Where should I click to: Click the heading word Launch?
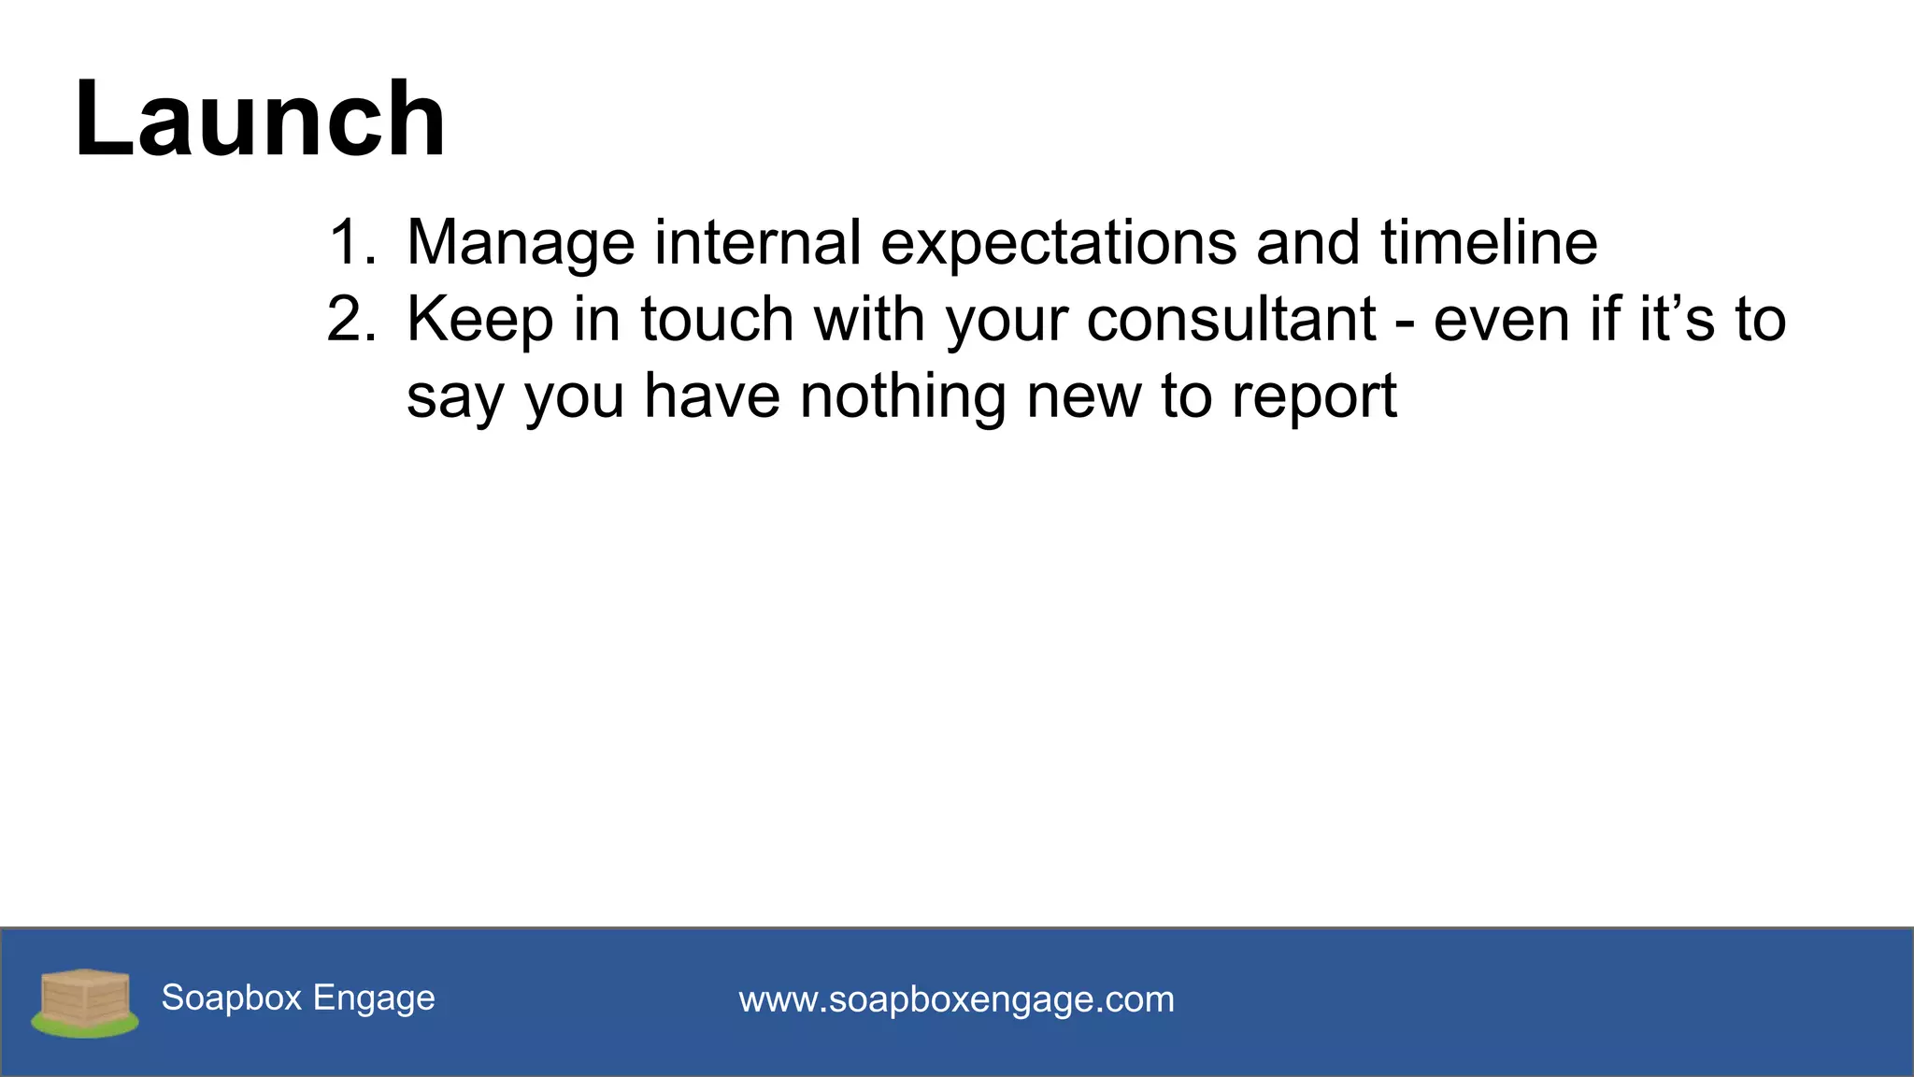[x=260, y=120]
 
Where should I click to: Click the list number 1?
[x=350, y=243]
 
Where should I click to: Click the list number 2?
[x=350, y=320]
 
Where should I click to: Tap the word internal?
[x=757, y=243]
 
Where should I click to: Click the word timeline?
[x=1489, y=243]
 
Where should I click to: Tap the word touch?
[x=717, y=320]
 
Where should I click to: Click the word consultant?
[x=1231, y=320]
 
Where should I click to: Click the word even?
[x=1502, y=320]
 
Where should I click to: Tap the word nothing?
[x=903, y=396]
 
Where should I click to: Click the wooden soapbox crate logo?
[x=85, y=1001]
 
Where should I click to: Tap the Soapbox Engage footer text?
[x=298, y=998]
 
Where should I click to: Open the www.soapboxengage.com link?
[x=956, y=999]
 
